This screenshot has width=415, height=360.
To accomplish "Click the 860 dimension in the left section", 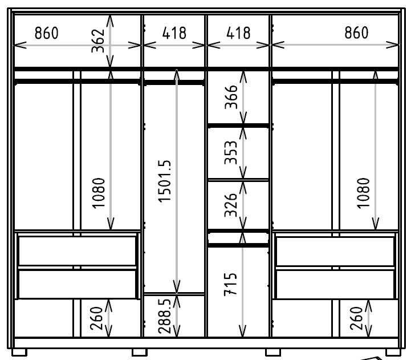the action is (47, 33).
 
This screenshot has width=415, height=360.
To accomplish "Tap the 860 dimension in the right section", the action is (356, 33).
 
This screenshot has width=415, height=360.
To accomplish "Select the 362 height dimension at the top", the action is (98, 41).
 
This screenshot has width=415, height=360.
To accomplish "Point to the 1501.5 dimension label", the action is (164, 181).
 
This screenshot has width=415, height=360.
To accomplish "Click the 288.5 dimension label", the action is (164, 315).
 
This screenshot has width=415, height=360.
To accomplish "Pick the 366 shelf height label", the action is (231, 97).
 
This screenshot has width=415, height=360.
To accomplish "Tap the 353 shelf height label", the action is (231, 152).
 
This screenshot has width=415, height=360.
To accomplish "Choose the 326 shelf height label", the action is (231, 205).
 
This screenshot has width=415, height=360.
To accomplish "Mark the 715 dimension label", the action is (230, 284).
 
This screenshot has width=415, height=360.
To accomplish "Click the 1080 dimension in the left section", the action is (99, 193).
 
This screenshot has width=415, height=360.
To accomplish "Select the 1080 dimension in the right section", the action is (363, 193).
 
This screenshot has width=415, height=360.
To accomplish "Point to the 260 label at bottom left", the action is (96, 318).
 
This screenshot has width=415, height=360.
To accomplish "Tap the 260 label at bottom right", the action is (356, 318).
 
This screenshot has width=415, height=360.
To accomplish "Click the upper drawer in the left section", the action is (77, 250).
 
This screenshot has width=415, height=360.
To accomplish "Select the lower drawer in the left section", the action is (77, 284).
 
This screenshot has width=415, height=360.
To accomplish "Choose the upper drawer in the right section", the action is (335, 251).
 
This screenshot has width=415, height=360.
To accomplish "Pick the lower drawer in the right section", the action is (335, 284).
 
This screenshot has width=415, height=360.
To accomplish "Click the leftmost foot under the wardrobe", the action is (19, 353).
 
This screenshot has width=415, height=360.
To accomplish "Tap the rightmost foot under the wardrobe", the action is (393, 353).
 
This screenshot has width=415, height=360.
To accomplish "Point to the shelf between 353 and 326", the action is (238, 180).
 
